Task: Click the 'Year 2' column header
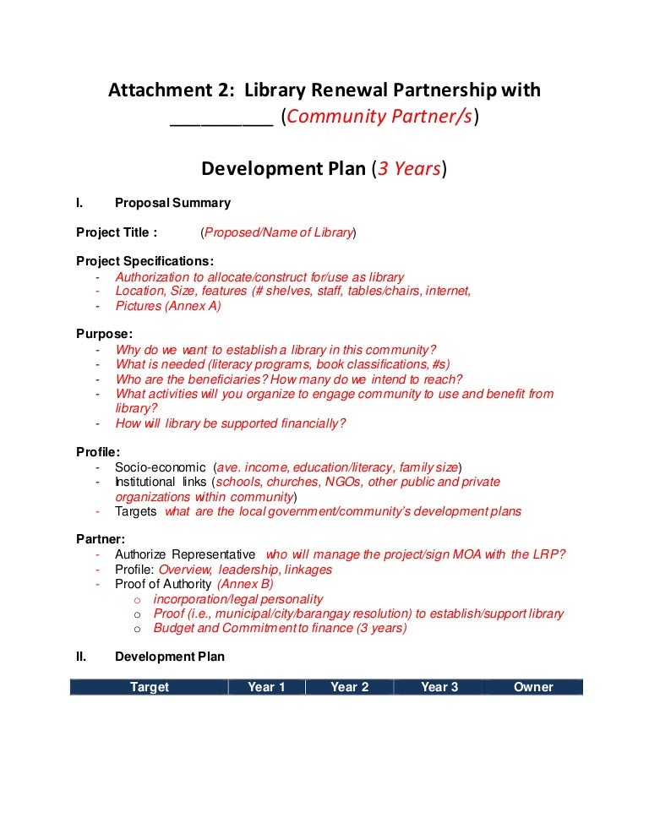pos(349,687)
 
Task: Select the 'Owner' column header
pos(533,687)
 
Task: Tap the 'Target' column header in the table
pos(150,687)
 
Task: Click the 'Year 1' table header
pos(266,687)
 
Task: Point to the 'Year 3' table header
pos(439,687)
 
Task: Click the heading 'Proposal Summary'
pos(172,203)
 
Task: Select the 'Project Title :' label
pos(117,232)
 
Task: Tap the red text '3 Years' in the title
pos(409,169)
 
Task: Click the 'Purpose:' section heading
pos(104,334)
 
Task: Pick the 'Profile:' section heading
pos(98,451)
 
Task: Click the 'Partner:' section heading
pos(101,538)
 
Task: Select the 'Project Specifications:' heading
pos(145,261)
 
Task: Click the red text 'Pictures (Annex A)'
pos(168,306)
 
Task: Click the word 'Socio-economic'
pos(161,467)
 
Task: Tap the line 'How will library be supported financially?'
pos(231,423)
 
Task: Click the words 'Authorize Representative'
pos(185,554)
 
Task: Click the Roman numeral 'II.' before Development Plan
pos(82,657)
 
